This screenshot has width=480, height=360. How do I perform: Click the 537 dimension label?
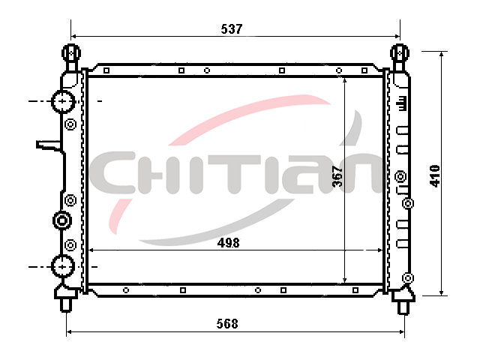click(232, 28)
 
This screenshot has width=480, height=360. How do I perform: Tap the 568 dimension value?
click(227, 323)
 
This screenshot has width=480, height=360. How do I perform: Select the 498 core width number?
click(228, 243)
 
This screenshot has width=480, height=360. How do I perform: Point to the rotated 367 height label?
click(337, 176)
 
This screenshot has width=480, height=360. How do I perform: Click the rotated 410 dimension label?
click(435, 175)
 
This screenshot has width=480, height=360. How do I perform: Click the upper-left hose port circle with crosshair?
click(63, 101)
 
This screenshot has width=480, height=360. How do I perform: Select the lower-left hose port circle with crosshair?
click(63, 267)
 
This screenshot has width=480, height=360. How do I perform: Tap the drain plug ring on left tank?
click(62, 220)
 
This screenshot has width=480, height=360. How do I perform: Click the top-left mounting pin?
click(71, 58)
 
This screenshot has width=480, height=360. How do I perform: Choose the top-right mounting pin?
click(400, 58)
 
